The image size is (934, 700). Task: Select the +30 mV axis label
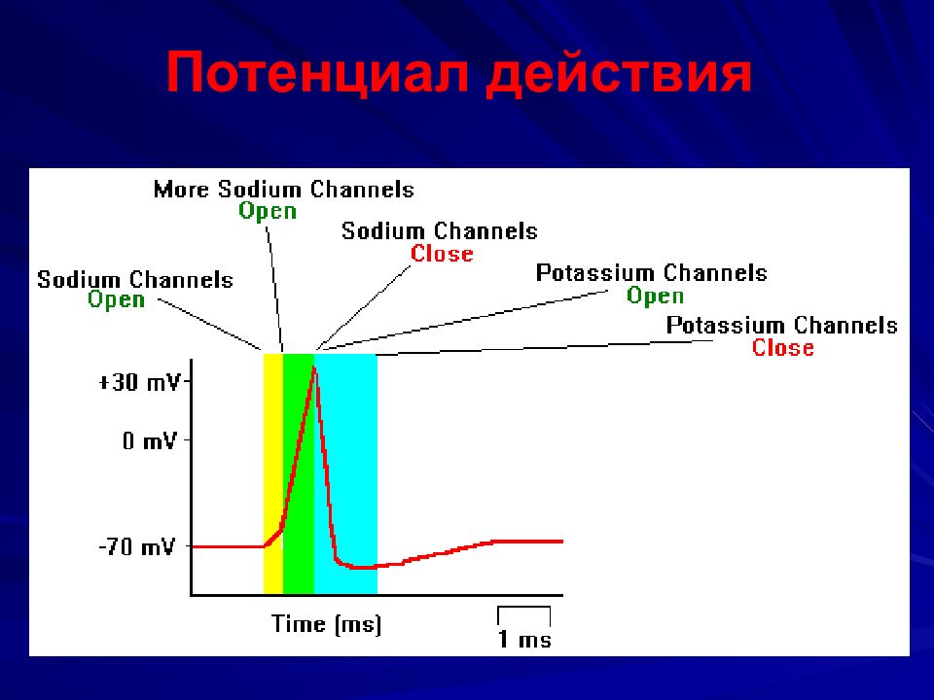(x=139, y=381)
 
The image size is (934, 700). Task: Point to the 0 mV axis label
(x=150, y=440)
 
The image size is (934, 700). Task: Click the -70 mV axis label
(x=137, y=546)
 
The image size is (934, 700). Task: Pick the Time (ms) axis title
(x=327, y=624)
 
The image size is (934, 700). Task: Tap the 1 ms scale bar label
(x=524, y=639)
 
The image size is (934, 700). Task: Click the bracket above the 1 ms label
(x=523, y=608)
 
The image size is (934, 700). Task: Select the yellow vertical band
(x=272, y=473)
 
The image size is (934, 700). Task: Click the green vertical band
(x=299, y=473)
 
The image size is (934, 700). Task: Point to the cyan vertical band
(x=345, y=473)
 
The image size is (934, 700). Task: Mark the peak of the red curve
(x=314, y=367)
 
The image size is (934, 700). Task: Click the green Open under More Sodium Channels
(x=268, y=212)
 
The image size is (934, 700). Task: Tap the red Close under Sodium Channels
(x=442, y=254)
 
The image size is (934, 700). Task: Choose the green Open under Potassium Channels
(x=655, y=296)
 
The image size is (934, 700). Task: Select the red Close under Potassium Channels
(x=782, y=347)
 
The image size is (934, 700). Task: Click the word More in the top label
(x=181, y=190)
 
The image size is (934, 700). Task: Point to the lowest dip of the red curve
(x=360, y=567)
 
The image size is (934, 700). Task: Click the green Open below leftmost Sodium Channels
(x=116, y=299)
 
